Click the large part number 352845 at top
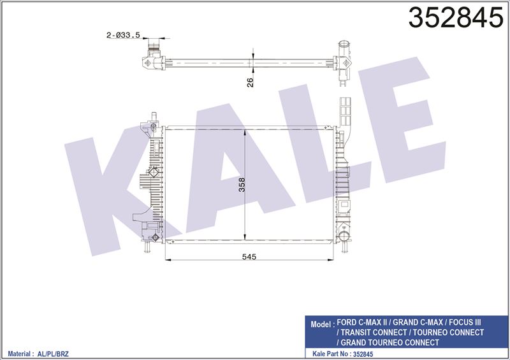(x=455, y=18)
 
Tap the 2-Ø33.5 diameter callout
(x=123, y=35)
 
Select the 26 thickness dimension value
(x=250, y=82)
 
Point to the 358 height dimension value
(x=242, y=184)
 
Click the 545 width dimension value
(x=249, y=257)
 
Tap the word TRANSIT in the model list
(x=357, y=333)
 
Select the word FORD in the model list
(x=347, y=322)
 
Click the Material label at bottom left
(x=19, y=354)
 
